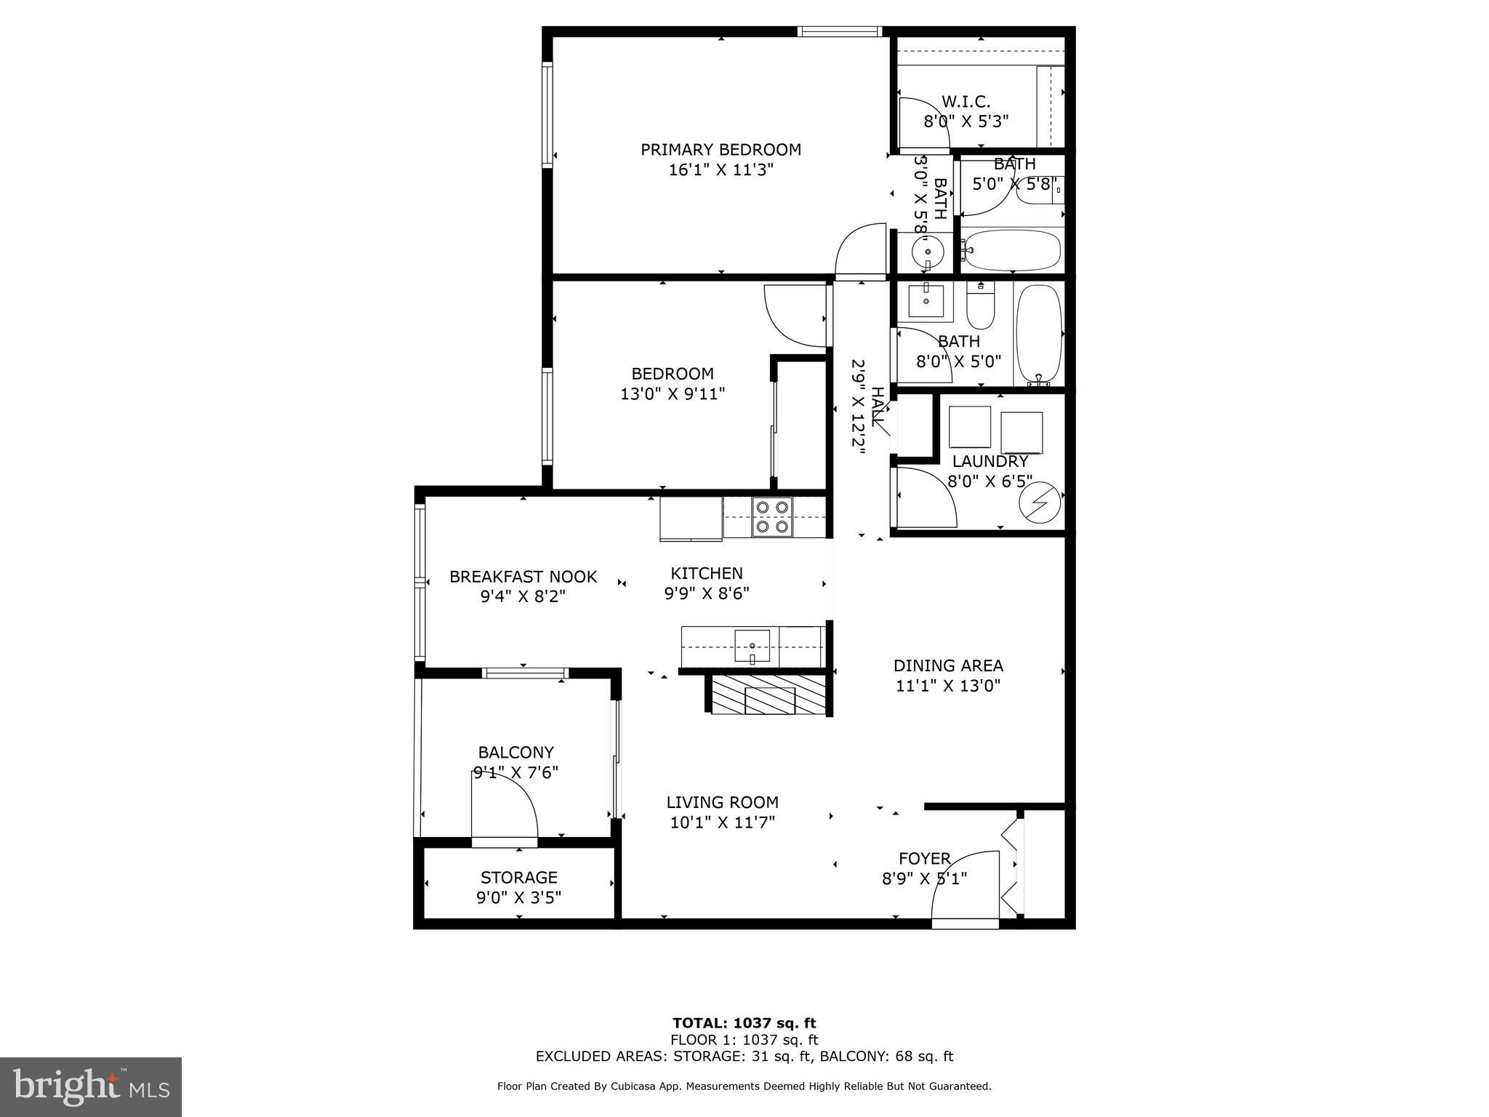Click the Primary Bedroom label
tap(720, 150)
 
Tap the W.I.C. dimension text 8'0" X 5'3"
tap(966, 121)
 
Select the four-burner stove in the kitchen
tap(771, 516)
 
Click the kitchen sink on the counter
tap(752, 646)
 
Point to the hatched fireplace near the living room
tap(769, 695)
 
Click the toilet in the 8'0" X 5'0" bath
tap(980, 309)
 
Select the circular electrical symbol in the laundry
tap(1040, 503)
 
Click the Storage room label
tap(518, 877)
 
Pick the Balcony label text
tap(515, 752)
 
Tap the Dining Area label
tap(948, 665)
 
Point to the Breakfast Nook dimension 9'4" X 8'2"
tap(523, 597)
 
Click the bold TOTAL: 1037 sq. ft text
tap(744, 1024)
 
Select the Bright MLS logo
tap(91, 1086)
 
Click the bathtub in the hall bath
tap(1038, 334)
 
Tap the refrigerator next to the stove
tap(691, 518)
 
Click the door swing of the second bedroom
tap(794, 315)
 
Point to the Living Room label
tap(722, 802)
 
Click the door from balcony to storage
tap(504, 807)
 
